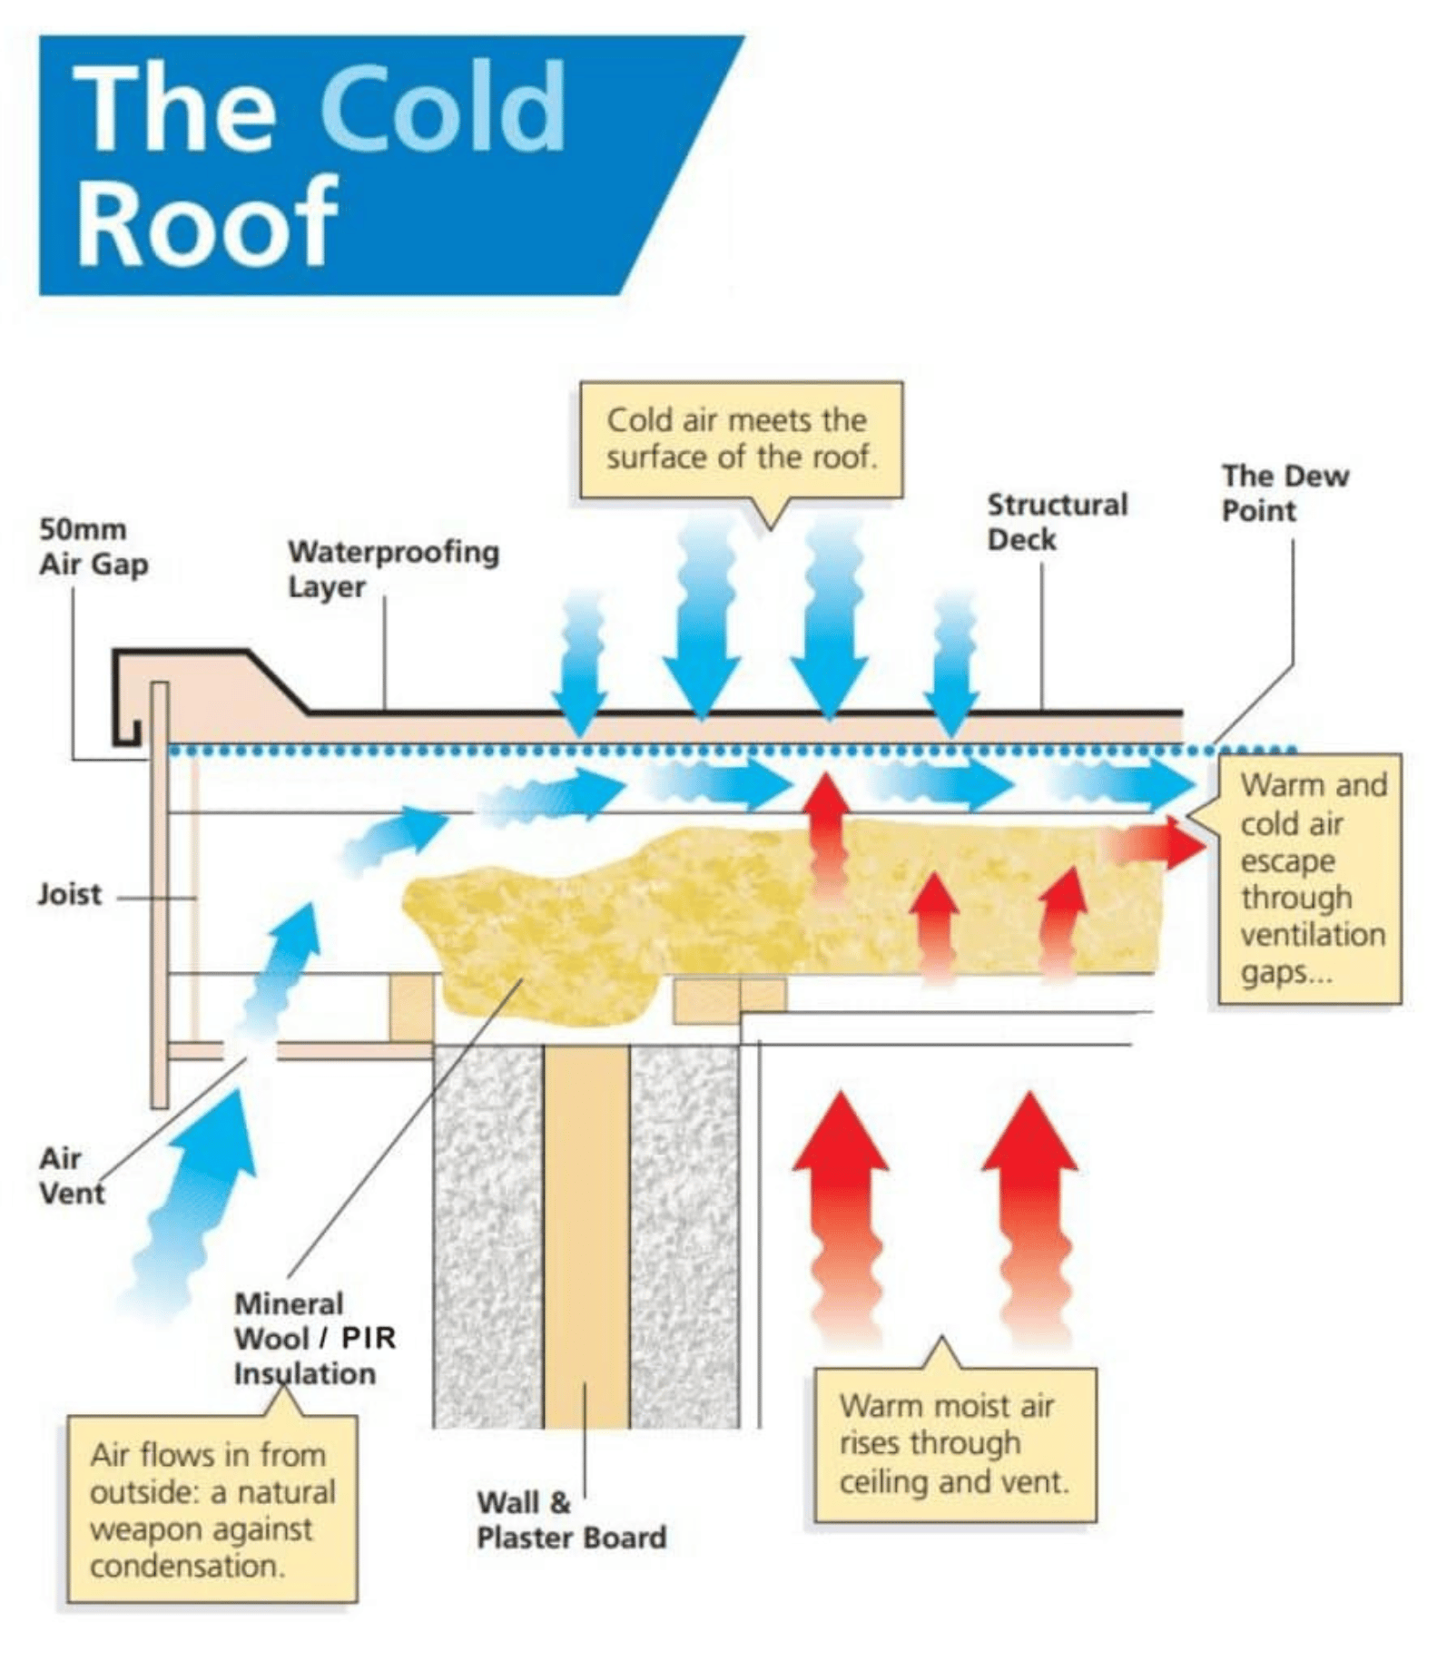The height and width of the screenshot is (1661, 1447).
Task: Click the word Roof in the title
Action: point(207,221)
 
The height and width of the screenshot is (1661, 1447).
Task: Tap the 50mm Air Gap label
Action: point(93,547)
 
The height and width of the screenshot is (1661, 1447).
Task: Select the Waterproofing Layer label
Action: point(393,569)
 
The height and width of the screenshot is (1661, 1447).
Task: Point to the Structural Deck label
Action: point(1057,522)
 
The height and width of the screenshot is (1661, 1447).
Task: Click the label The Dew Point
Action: point(1284,493)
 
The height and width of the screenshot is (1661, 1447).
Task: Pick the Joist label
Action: point(69,895)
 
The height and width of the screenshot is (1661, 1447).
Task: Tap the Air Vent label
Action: point(71,1176)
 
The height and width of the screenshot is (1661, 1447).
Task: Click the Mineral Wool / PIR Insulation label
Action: point(313,1339)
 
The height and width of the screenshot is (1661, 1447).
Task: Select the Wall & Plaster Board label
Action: point(571,1520)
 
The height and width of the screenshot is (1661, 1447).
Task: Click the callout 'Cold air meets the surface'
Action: point(741,440)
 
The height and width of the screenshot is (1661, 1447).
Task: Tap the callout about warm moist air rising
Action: point(954,1444)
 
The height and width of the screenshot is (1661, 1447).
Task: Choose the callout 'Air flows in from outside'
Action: point(212,1509)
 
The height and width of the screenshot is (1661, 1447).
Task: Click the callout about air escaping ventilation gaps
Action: point(1310,879)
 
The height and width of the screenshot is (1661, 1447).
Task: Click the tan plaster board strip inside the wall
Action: point(586,1234)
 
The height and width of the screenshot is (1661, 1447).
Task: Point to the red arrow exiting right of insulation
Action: point(1157,844)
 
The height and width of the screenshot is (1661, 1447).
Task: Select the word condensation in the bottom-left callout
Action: point(186,1566)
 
